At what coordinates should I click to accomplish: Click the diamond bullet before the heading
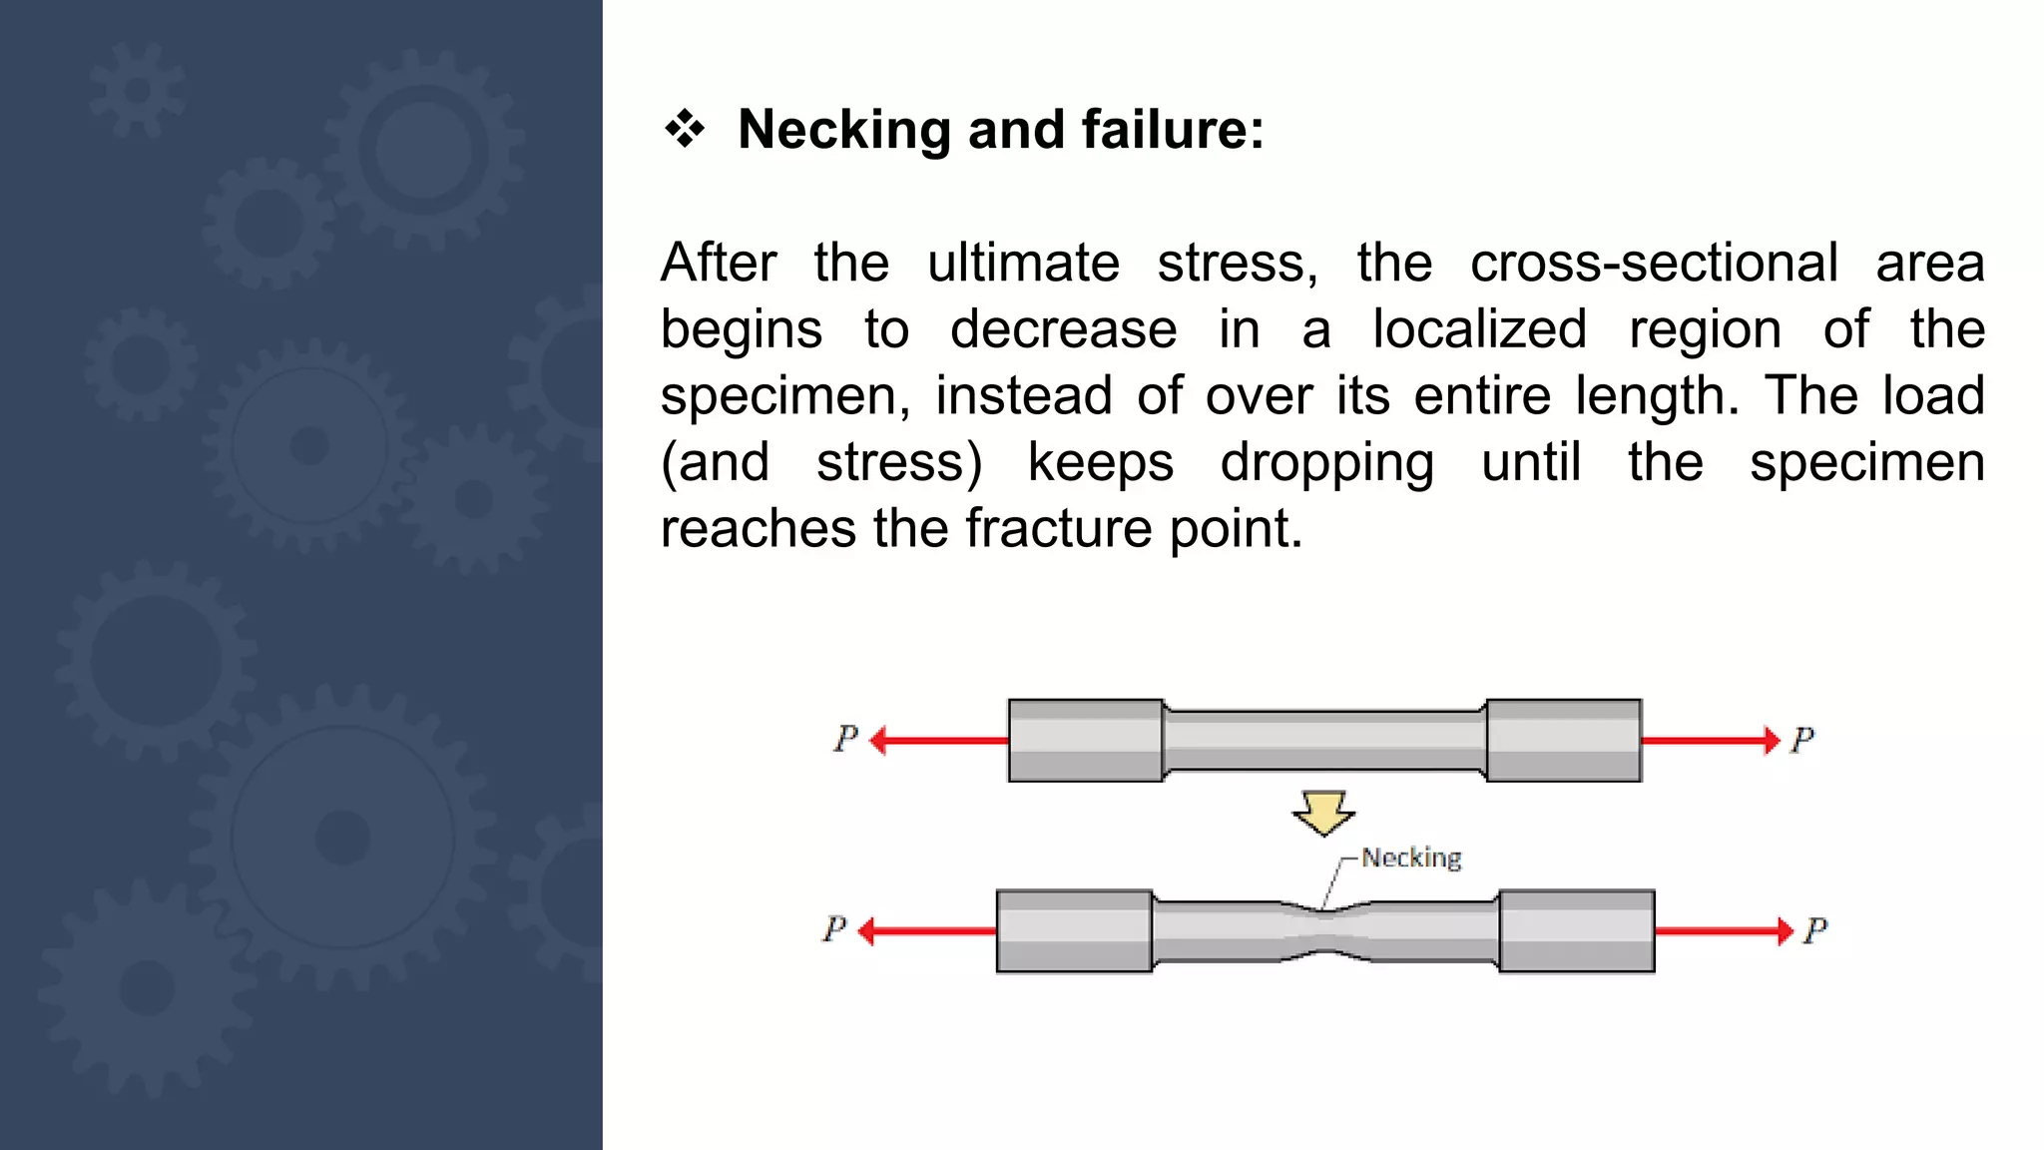(x=685, y=129)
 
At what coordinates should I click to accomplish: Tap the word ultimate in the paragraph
(x=1023, y=264)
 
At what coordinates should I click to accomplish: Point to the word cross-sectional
(x=1653, y=264)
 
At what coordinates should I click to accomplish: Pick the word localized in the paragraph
(x=1479, y=329)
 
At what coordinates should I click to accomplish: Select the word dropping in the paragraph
(x=1326, y=463)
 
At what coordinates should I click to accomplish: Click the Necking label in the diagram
(x=1410, y=858)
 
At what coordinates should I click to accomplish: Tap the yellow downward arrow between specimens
(x=1323, y=812)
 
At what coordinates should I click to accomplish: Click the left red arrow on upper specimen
(x=938, y=741)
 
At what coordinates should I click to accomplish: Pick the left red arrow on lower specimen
(x=926, y=931)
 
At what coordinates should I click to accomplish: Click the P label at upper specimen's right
(x=1801, y=741)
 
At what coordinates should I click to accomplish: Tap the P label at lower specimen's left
(x=834, y=930)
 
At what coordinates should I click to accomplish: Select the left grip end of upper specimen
(x=1085, y=741)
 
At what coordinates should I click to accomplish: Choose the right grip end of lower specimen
(x=1577, y=931)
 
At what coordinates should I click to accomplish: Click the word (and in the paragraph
(x=715, y=463)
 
